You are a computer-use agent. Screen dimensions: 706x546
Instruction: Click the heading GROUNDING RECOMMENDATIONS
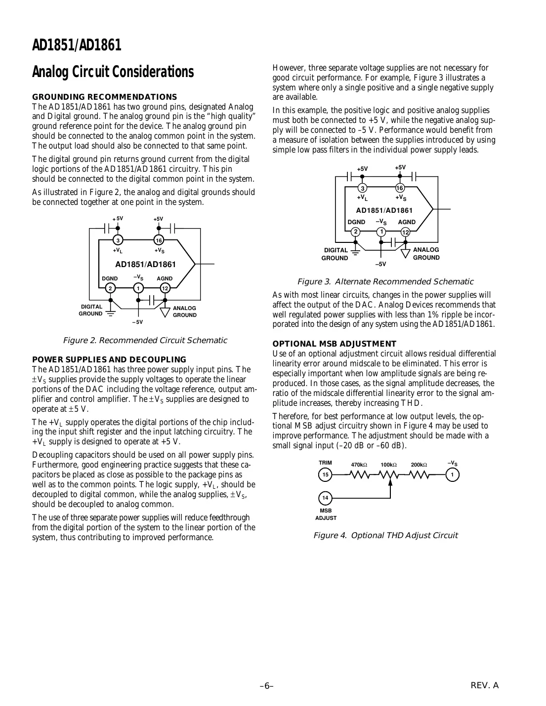[104, 97]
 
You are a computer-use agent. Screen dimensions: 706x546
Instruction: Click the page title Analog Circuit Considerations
[113, 72]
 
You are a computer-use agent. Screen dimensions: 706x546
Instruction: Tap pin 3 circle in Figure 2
[118, 240]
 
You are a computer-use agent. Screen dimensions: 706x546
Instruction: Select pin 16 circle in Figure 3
[400, 188]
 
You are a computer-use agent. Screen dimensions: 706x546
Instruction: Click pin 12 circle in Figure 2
[165, 288]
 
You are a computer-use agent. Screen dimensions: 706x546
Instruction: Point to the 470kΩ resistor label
[359, 465]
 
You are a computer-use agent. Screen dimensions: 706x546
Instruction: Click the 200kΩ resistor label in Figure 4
[419, 465]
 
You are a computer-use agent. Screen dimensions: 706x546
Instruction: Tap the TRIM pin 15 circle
[325, 474]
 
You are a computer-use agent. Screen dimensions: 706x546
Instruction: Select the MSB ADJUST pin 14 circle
[325, 497]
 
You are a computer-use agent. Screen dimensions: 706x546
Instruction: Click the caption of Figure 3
[385, 282]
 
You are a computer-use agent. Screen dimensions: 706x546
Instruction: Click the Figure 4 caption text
[385, 535]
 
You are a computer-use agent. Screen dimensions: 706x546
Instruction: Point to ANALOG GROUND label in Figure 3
[426, 254]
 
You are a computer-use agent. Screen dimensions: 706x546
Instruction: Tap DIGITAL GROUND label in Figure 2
[91, 310]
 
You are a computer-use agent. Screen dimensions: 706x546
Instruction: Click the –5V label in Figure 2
[137, 322]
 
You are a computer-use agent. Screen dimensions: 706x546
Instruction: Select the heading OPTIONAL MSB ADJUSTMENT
[335, 344]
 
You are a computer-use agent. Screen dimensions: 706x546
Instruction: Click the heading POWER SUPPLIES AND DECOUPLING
[109, 359]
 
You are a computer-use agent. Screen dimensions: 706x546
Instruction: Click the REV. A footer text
[485, 685]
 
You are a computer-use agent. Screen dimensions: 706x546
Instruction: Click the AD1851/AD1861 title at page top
[77, 45]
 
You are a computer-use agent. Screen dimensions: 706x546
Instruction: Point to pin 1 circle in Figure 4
[452, 474]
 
